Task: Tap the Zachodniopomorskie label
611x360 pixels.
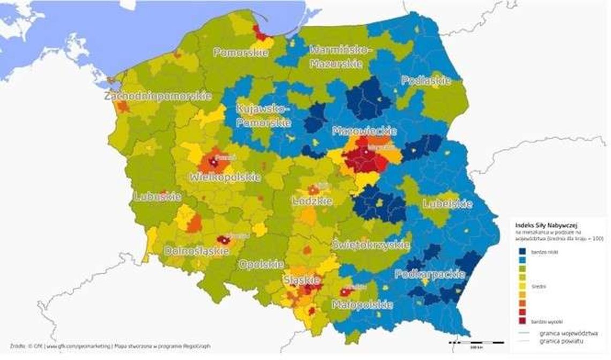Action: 158,96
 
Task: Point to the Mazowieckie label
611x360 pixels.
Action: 364,131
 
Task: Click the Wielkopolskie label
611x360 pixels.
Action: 226,177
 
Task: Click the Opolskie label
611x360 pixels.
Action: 262,264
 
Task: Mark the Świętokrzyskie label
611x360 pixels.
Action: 371,245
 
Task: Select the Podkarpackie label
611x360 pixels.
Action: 429,274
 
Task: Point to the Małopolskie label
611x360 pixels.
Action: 361,304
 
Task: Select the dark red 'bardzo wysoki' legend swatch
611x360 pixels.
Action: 522,320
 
